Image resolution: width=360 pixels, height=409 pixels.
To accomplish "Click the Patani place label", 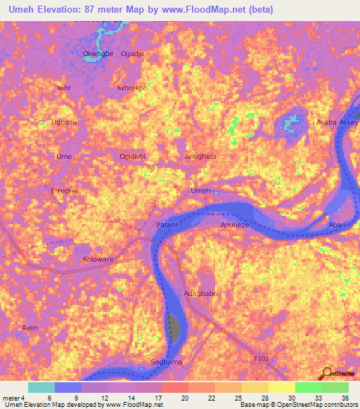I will click(166, 224).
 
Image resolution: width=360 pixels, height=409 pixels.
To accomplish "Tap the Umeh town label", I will click(201, 191).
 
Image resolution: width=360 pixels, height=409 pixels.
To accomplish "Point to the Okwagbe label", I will click(97, 53).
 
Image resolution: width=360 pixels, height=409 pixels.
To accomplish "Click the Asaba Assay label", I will click(337, 122).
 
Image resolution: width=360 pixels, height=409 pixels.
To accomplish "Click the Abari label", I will click(339, 226).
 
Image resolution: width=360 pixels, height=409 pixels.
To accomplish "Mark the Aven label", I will click(30, 328).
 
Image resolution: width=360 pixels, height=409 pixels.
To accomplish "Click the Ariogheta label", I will click(200, 156).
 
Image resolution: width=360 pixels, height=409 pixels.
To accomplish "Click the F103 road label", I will click(262, 358).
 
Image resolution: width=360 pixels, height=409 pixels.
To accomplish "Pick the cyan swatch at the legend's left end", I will click(41, 387).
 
